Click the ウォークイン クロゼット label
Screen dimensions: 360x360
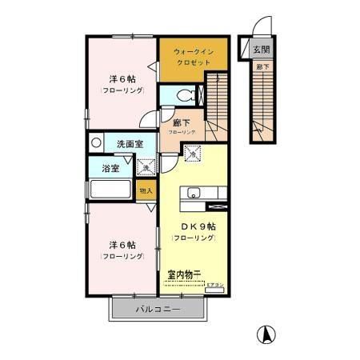click(x=193, y=56)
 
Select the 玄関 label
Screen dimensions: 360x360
click(x=262, y=50)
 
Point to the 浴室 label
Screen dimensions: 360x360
click(x=110, y=170)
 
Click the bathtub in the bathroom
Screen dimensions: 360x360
click(x=110, y=191)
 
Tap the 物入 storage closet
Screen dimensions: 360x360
click(x=146, y=190)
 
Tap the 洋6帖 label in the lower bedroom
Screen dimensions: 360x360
click(x=122, y=246)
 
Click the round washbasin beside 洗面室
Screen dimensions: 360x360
click(x=96, y=144)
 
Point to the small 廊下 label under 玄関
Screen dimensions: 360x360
click(x=261, y=67)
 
